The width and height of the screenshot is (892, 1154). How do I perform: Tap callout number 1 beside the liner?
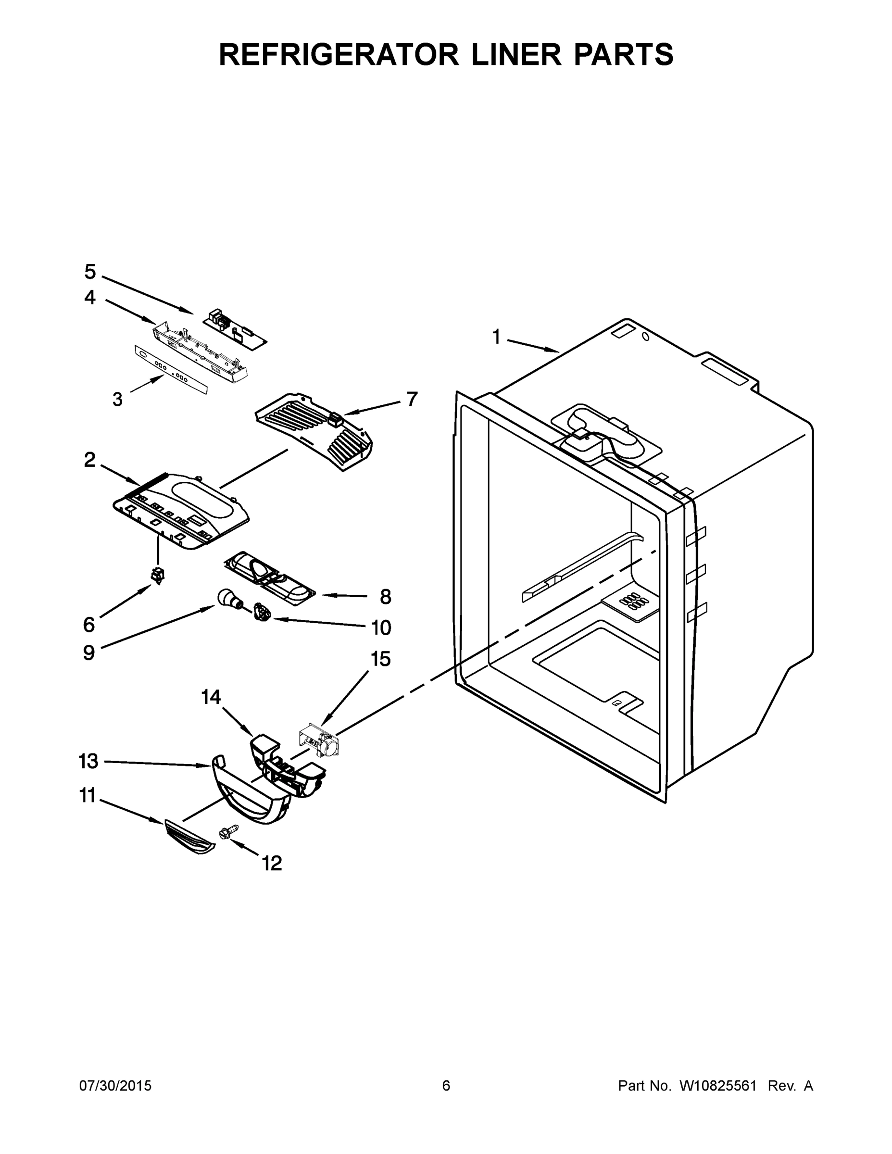(x=496, y=337)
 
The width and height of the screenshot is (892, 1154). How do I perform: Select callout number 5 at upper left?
(x=90, y=272)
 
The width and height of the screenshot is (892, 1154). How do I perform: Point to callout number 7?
(x=412, y=399)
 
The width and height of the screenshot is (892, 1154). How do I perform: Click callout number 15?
(x=380, y=659)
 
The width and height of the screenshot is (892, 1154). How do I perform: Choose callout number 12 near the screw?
(x=272, y=864)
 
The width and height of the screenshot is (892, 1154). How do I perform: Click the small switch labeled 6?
(x=157, y=575)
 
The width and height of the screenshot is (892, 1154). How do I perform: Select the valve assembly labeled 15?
(x=319, y=742)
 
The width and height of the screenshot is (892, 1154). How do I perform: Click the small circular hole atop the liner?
(x=645, y=337)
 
